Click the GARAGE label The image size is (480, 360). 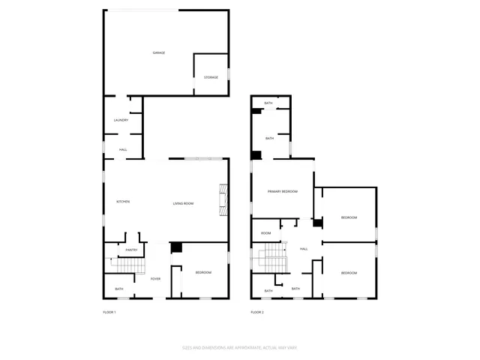click(x=159, y=52)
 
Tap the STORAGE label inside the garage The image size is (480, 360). click(x=211, y=77)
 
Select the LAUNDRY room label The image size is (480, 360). click(x=121, y=120)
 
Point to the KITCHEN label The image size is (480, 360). click(x=123, y=202)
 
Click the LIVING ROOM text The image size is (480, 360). click(x=184, y=203)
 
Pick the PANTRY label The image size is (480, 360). click(x=131, y=250)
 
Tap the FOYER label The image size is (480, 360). click(x=155, y=279)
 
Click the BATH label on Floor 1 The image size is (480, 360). click(x=119, y=289)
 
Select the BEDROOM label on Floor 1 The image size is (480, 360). click(x=203, y=272)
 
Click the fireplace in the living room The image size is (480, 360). click(x=222, y=200)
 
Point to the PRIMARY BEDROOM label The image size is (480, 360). click(x=283, y=192)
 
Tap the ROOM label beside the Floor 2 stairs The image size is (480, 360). click(x=265, y=233)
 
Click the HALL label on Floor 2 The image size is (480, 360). click(x=304, y=249)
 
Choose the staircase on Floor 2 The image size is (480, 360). click(x=270, y=259)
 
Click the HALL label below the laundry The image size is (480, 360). click(x=122, y=149)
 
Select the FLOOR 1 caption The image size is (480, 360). click(x=109, y=311)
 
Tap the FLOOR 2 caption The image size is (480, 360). click(x=257, y=311)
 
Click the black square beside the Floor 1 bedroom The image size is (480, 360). click(x=177, y=247)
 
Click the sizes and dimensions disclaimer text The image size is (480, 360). click(x=240, y=347)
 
